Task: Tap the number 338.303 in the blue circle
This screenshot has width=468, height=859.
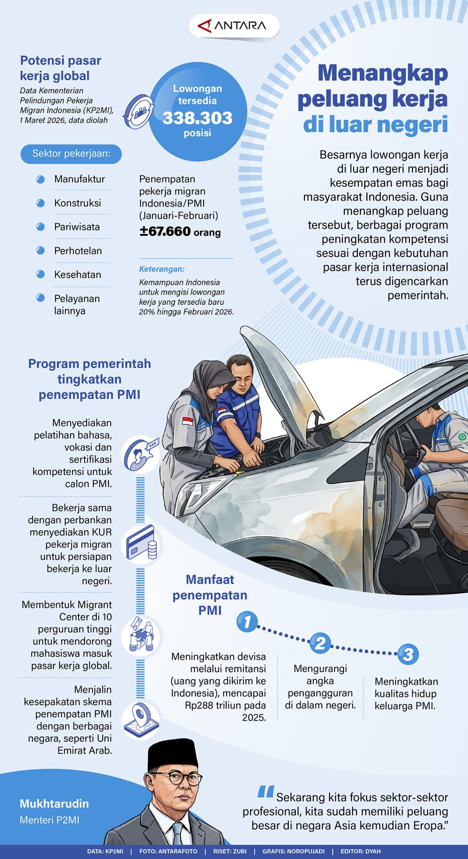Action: pos(197,118)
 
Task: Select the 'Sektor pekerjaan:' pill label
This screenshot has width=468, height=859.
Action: pos(71,154)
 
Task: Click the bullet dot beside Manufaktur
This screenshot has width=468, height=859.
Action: pos(40,179)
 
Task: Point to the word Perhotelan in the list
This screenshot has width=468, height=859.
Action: pos(78,251)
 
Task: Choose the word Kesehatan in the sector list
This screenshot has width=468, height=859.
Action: pos(78,275)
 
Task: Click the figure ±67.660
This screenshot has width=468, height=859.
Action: pos(165,231)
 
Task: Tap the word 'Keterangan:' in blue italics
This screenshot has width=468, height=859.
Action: pos(162,269)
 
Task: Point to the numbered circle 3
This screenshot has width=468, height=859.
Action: pos(408,655)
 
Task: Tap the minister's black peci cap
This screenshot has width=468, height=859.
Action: pos(172,754)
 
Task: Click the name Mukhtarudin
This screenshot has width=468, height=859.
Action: pos(54,804)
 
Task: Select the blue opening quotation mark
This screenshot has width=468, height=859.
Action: pos(266,792)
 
